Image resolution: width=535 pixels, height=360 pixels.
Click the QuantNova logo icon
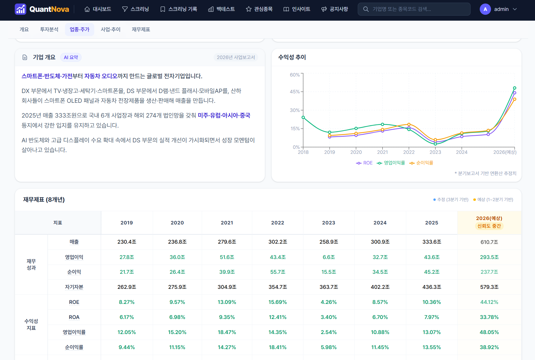pos(20,9)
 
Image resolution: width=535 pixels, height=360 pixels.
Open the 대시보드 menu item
pos(98,9)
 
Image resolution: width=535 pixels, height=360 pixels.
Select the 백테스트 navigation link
pos(222,9)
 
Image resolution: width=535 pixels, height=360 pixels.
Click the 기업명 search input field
pos(414,9)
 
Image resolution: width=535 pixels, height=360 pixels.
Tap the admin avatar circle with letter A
pos(485,9)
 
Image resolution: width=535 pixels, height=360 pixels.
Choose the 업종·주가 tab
pos(79,30)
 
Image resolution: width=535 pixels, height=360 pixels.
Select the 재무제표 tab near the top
pos(141,30)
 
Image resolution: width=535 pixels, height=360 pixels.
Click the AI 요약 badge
pos(71,57)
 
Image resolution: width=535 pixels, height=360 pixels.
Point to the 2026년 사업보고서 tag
pos(236,57)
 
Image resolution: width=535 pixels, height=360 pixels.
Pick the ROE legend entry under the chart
pos(364,163)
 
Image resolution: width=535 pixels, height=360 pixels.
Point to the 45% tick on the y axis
pos(295,92)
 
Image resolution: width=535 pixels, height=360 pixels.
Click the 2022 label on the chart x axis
pos(409,152)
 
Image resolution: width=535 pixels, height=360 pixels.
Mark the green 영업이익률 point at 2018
pos(303,117)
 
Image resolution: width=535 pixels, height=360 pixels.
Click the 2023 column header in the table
pos(329,223)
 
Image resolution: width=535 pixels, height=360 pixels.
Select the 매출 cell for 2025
pos(432,242)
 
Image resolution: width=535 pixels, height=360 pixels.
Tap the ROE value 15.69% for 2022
pos(278,302)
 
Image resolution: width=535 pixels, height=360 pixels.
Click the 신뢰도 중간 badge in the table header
pos(489,226)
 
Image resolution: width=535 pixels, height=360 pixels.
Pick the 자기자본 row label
pos(74,287)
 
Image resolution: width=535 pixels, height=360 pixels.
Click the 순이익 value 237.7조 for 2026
pos(489,272)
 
